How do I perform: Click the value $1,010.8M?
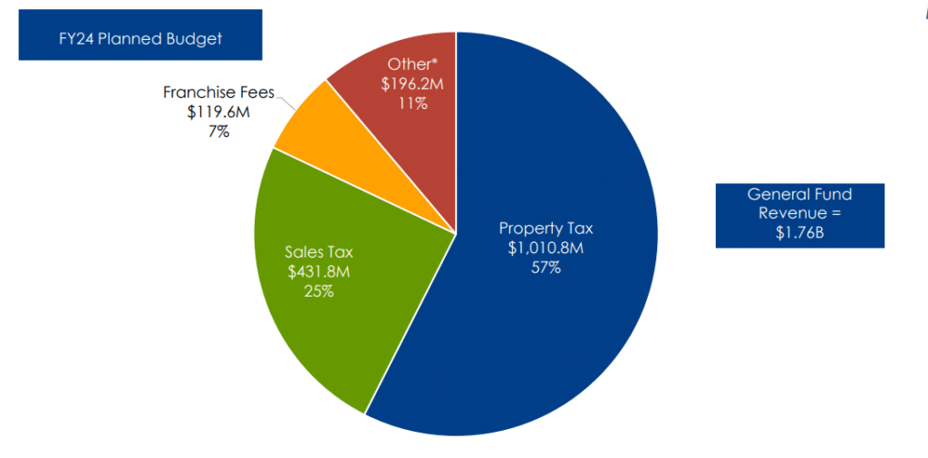[x=546, y=248]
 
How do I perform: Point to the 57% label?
[x=546, y=268]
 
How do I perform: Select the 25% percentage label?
[x=319, y=291]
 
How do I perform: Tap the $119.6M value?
[x=218, y=112]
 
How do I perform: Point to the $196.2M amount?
[x=412, y=84]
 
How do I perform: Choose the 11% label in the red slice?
[x=412, y=103]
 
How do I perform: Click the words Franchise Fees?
[x=219, y=93]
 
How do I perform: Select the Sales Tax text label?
[x=319, y=252]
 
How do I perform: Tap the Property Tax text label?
[x=546, y=229]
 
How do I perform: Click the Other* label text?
[x=412, y=64]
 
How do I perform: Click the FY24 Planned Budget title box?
[x=140, y=34]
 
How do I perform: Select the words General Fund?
[x=800, y=194]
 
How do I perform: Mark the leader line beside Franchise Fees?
[x=286, y=103]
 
